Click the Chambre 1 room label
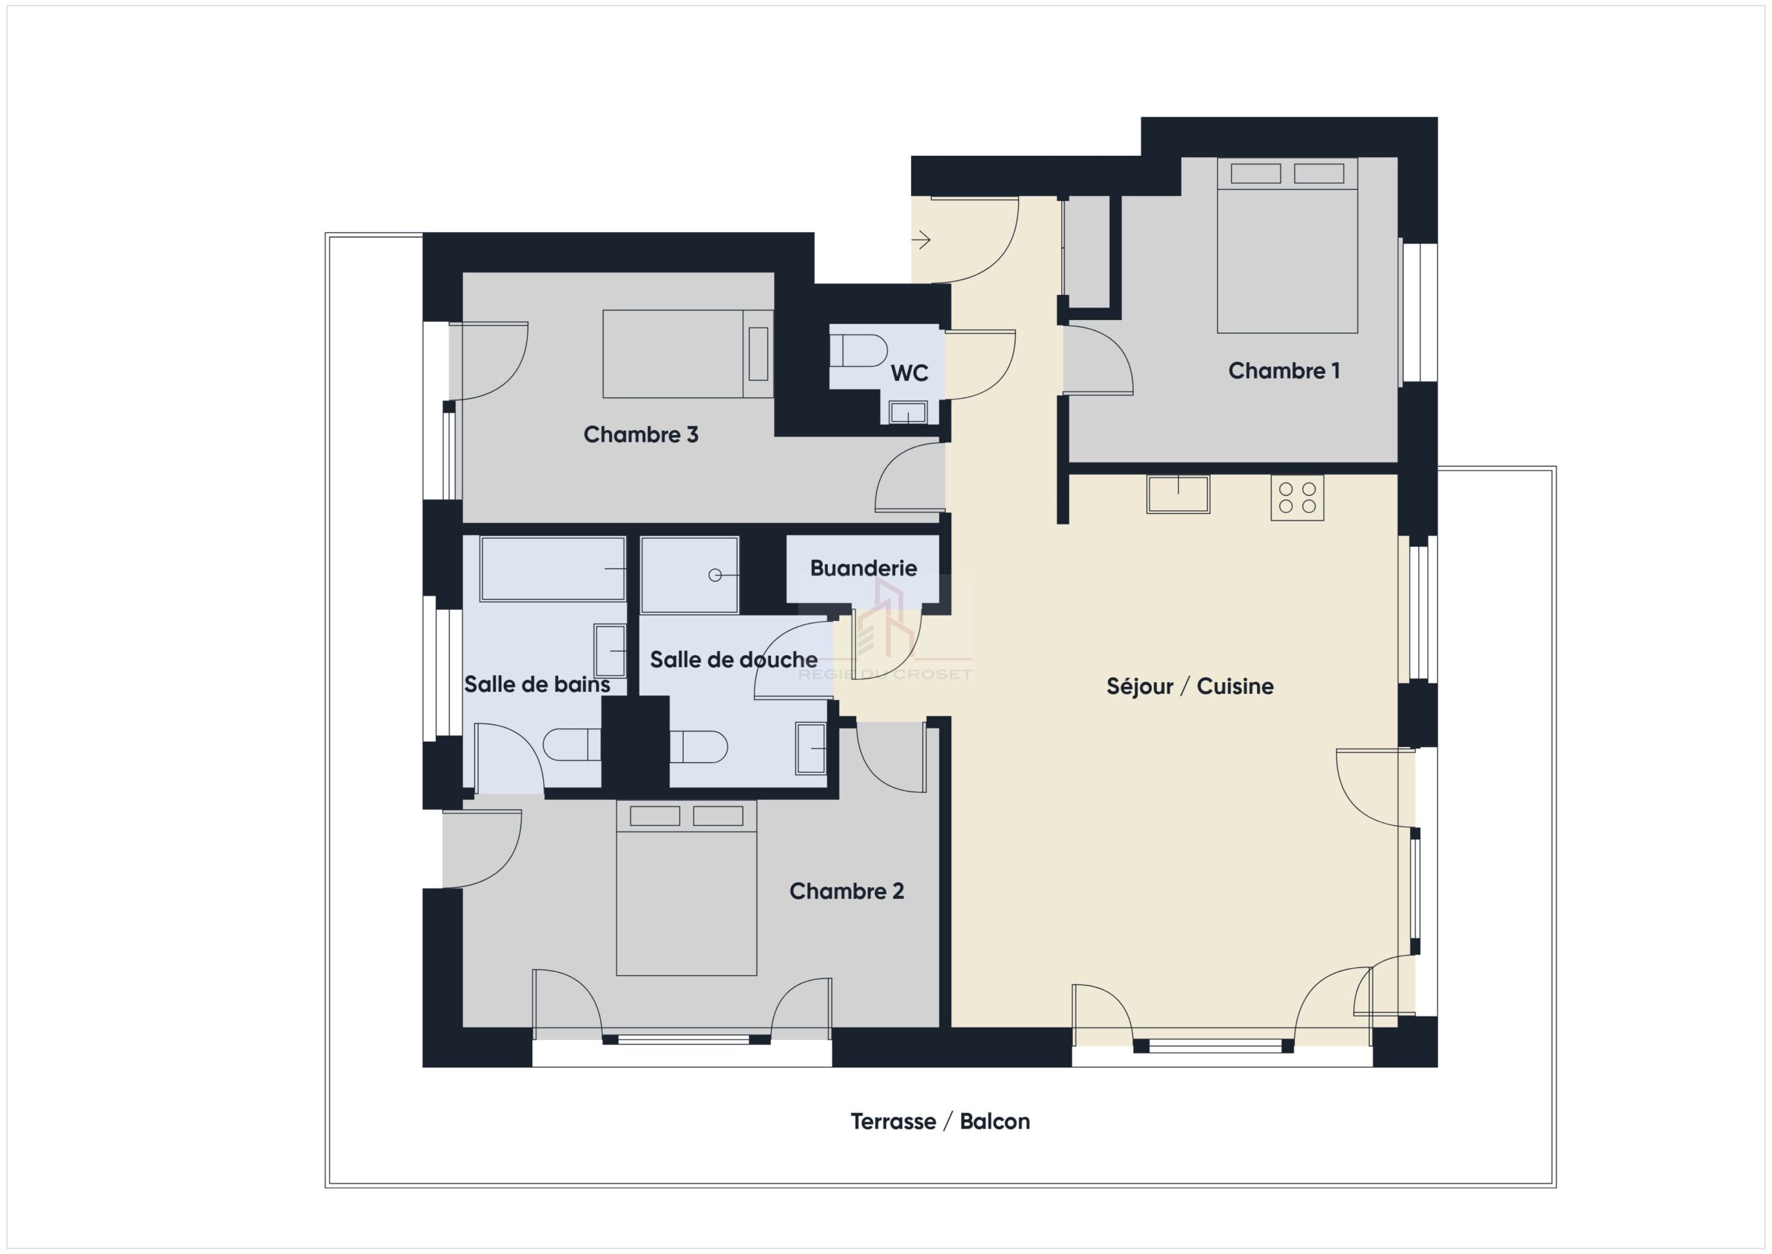click(x=1283, y=371)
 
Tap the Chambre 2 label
click(x=847, y=892)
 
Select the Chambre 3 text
click(x=640, y=435)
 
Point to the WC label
click(x=909, y=374)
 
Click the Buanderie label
click(x=864, y=568)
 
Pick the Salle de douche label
click(x=734, y=659)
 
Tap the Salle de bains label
click(x=537, y=684)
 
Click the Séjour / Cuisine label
click(x=1190, y=686)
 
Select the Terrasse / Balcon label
click(x=940, y=1121)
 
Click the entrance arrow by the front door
click(x=921, y=240)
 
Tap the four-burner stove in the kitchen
click(x=1297, y=498)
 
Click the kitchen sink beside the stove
click(x=1177, y=494)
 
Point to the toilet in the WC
click(x=858, y=350)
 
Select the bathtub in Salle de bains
click(x=552, y=568)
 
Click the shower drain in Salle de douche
click(x=714, y=575)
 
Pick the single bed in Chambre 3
click(x=687, y=354)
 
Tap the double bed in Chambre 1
click(x=1287, y=246)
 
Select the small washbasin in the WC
click(x=907, y=412)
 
